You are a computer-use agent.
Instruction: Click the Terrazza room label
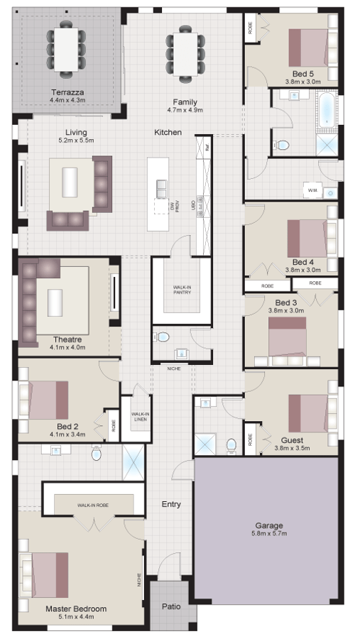67,92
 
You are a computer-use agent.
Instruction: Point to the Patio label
170,606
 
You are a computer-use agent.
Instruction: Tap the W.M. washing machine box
311,191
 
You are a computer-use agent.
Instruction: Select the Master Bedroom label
76,608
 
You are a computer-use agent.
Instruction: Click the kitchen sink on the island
162,189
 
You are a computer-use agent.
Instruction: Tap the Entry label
170,504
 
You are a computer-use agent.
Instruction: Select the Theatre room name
67,339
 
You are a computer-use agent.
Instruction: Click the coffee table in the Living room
70,182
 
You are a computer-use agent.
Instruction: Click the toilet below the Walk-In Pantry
163,337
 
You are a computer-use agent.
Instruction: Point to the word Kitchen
168,132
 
